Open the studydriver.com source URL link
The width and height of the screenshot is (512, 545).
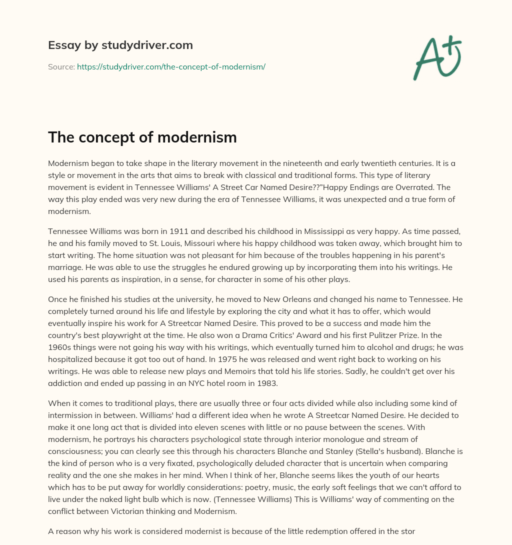tap(171, 66)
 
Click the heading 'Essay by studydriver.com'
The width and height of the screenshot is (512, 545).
tap(120, 45)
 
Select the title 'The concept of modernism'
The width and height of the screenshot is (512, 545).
tap(142, 137)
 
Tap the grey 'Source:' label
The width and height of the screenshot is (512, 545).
tap(61, 66)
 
